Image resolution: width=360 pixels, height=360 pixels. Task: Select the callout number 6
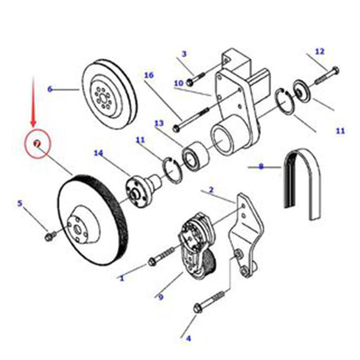pyautogui.click(x=49, y=89)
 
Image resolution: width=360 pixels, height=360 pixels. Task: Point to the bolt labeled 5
pyautogui.click(x=49, y=236)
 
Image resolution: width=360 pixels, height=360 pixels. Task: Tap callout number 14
pyautogui.click(x=98, y=153)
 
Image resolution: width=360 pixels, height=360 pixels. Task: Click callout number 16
pyautogui.click(x=148, y=75)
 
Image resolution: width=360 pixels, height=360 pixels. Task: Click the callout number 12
pyautogui.click(x=320, y=51)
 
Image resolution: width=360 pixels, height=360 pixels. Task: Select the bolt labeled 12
pyautogui.click(x=327, y=75)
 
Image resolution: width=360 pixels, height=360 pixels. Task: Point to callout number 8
pyautogui.click(x=261, y=167)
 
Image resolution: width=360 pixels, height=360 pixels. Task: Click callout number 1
pyautogui.click(x=122, y=277)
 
